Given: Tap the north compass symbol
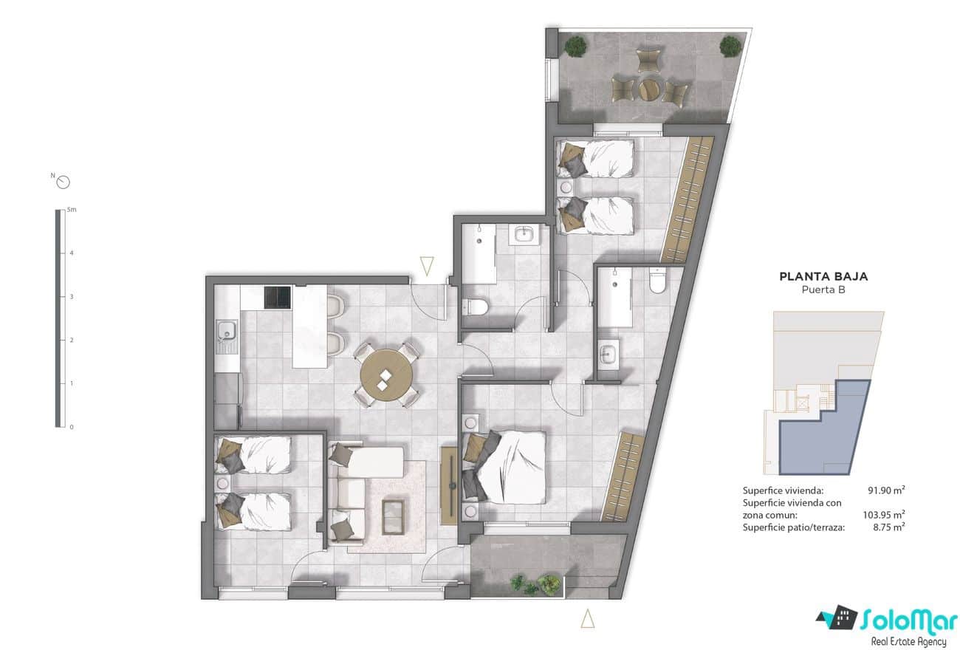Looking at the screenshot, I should point(63,182).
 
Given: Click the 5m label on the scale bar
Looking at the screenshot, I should point(71,210).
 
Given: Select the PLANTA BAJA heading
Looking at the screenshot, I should point(823,277).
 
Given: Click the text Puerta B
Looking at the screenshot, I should point(823,290).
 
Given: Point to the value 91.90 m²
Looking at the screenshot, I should point(886,490).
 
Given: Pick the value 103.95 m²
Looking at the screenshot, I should point(884,515).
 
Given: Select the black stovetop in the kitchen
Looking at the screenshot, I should point(278,296).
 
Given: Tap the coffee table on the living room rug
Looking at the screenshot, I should point(393,515).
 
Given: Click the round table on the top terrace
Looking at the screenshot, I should point(649,89).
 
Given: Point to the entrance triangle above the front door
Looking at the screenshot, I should point(426,265).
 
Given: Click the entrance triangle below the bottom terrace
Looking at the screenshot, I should point(587,618).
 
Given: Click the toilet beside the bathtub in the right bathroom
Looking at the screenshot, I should point(656,281).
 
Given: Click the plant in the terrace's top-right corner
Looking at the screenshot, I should point(730,47).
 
